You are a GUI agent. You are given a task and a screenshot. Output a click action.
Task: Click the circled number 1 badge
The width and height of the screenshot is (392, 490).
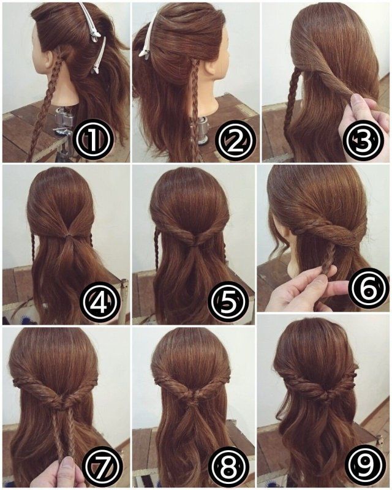(x=92, y=140)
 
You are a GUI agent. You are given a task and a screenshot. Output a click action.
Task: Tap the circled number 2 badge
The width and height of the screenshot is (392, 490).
(x=237, y=140)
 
